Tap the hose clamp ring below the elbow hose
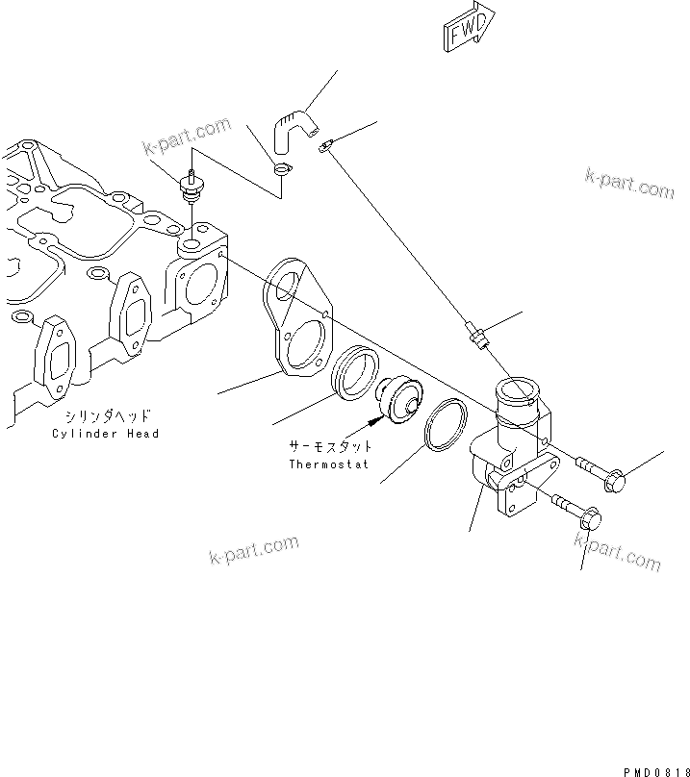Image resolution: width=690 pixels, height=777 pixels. pos(281,170)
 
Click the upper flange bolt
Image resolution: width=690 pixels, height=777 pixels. pos(601,471)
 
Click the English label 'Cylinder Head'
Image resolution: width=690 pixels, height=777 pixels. pos(106,434)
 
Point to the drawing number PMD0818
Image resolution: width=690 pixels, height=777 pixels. pos(657,767)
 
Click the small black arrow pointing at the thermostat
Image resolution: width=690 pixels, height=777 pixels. pos(373,420)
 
